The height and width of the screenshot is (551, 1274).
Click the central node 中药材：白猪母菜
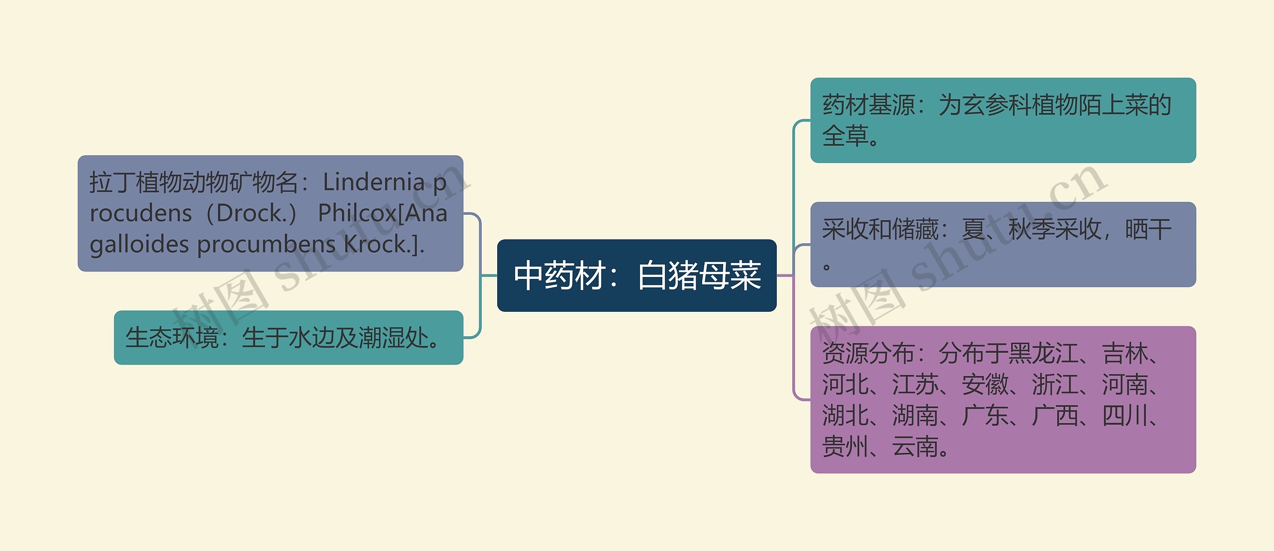637,275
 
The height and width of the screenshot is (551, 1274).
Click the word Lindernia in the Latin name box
373,183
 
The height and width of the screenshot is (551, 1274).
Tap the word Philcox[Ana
382,213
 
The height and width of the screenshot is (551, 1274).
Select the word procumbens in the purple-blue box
267,245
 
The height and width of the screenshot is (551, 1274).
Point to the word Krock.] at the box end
384,245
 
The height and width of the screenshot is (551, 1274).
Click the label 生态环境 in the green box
172,338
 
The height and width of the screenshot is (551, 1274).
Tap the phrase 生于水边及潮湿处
334,338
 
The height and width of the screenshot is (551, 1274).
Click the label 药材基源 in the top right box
868,105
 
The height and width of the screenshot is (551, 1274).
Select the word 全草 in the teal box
845,136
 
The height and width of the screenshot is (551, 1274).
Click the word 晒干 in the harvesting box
1148,230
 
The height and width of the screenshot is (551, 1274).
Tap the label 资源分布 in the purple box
868,354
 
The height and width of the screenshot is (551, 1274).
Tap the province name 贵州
845,447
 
